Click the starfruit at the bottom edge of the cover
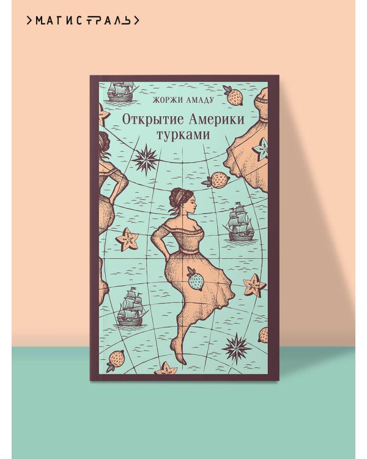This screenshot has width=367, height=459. pyautogui.click(x=166, y=369)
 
